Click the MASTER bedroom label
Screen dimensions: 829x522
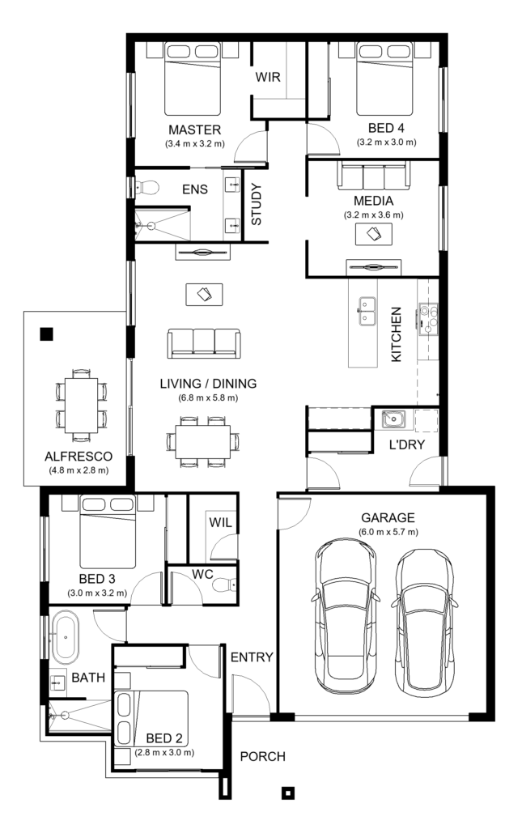click(194, 130)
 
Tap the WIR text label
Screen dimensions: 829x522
click(268, 79)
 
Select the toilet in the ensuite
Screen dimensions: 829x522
click(146, 189)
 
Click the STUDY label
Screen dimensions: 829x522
click(257, 206)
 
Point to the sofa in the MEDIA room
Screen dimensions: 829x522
click(373, 176)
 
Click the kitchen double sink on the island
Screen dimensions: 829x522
click(368, 310)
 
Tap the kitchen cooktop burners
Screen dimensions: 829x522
click(427, 319)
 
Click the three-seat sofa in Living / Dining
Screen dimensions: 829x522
click(203, 343)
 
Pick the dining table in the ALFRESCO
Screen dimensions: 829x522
click(81, 402)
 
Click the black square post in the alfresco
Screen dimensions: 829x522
click(46, 333)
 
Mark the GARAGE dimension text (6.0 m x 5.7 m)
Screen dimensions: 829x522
click(388, 532)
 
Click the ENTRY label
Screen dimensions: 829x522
click(251, 657)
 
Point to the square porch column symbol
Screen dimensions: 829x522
click(286, 793)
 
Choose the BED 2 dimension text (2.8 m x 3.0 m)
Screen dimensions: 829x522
click(164, 752)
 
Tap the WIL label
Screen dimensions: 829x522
click(220, 522)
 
